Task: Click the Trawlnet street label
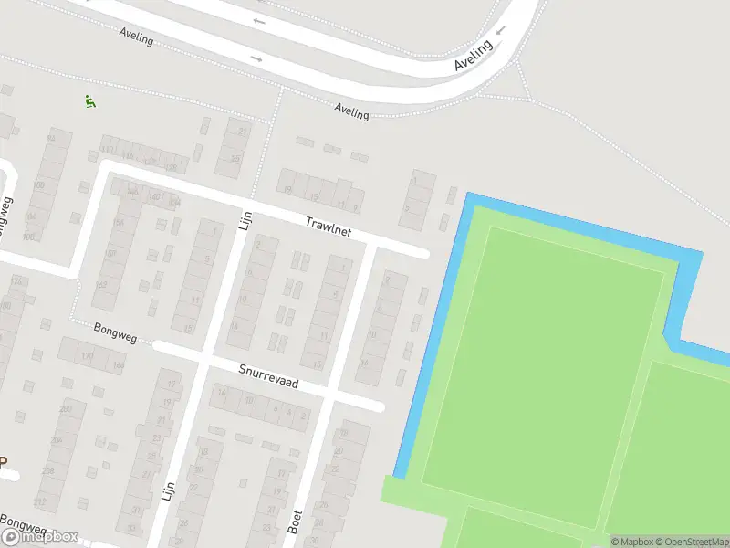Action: coord(328,227)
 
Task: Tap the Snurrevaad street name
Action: coord(270,377)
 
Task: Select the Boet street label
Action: coord(294,522)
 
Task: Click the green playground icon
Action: coord(89,101)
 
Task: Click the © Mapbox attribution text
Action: coord(631,542)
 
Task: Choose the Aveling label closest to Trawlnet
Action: coord(351,111)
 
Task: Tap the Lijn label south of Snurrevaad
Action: coord(168,492)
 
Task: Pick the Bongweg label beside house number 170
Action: coord(115,332)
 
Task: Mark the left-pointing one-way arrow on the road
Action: coord(259,21)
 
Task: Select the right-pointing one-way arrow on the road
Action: coord(256,60)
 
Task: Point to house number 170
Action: coord(88,355)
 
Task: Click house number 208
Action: coord(48,471)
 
